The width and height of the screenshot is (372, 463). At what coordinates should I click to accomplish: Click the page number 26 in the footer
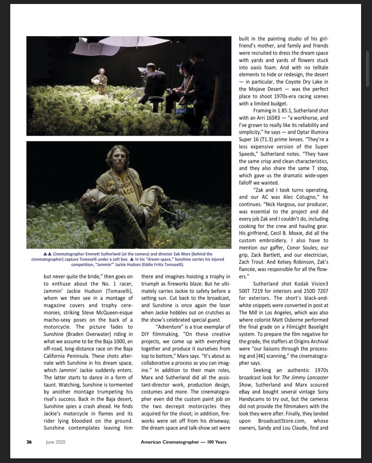(29, 442)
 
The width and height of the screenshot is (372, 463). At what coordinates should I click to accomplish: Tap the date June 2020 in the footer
(56, 442)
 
